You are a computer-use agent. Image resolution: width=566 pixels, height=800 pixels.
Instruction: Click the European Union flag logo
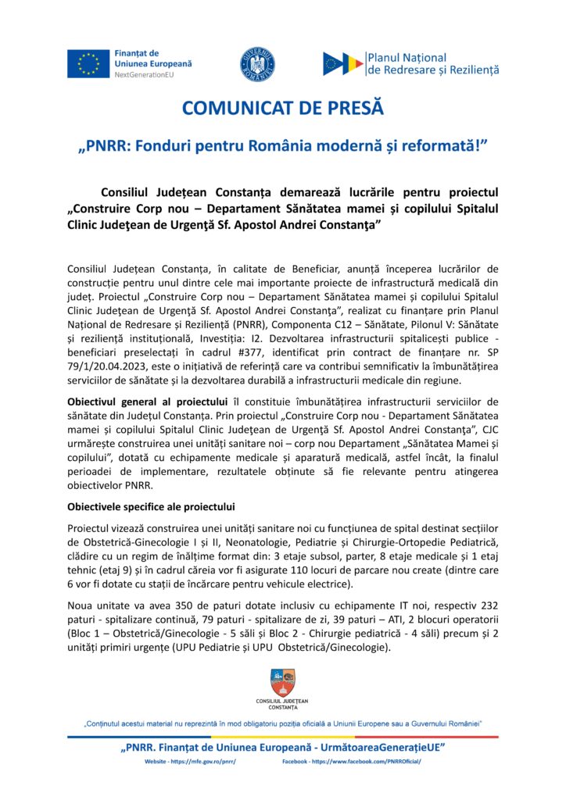click(88, 62)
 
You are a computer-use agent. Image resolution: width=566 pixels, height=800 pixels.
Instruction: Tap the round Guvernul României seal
click(256, 63)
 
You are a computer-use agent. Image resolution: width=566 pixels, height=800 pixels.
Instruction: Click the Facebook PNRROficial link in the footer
click(351, 761)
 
